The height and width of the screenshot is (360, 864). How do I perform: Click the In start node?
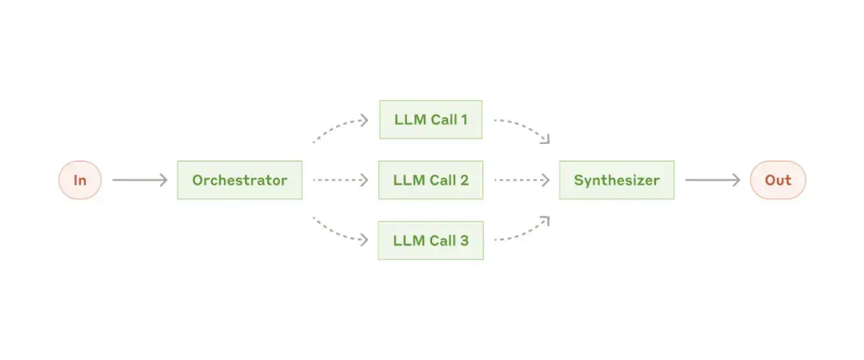[x=80, y=180]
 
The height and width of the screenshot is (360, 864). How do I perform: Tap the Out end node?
[x=778, y=180]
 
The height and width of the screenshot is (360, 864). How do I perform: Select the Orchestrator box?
[x=240, y=180]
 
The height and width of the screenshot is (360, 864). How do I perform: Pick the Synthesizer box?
[x=617, y=180]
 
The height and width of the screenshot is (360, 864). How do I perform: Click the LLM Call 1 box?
[x=431, y=119]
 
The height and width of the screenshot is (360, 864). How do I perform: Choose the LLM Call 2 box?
[x=431, y=180]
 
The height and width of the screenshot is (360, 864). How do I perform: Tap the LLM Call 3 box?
[x=431, y=240]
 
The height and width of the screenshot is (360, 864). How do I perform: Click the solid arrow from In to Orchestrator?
[x=139, y=180]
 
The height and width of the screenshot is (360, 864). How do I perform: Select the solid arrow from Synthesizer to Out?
[x=713, y=180]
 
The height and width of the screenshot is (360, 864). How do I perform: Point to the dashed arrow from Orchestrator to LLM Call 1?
[x=336, y=125]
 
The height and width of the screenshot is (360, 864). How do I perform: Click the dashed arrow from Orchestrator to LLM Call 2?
[x=340, y=180]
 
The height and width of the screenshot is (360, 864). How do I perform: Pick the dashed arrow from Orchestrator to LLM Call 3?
[x=336, y=234]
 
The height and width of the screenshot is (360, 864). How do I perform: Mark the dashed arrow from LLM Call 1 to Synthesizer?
[x=526, y=125]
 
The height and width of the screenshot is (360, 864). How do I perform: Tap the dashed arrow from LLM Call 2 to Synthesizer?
[x=522, y=180]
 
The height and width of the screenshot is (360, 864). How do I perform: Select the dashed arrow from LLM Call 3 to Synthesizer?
[x=526, y=234]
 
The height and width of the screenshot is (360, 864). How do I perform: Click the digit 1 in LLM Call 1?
[x=464, y=119]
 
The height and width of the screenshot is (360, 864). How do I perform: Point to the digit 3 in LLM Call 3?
[x=465, y=240]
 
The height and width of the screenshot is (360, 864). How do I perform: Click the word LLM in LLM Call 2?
[x=406, y=180]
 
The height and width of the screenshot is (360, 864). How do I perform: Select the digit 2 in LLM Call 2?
[x=465, y=180]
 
